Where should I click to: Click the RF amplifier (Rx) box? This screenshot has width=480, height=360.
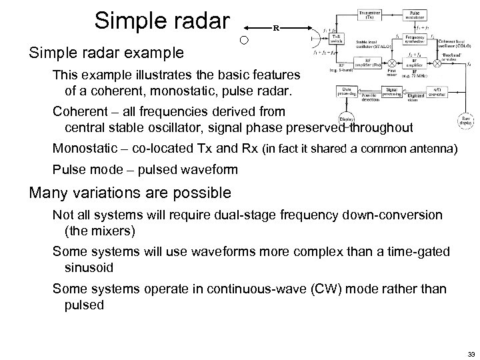(354, 67)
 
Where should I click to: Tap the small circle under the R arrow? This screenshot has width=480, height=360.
(245, 41)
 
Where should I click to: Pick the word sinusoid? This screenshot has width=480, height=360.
(88, 267)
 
